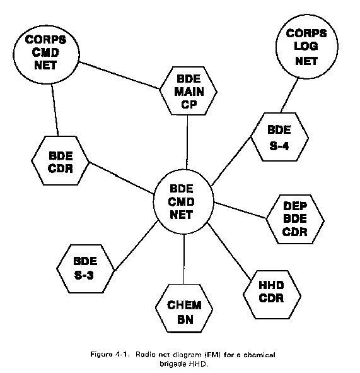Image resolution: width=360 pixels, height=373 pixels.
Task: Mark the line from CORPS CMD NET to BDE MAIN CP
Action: pos(119,75)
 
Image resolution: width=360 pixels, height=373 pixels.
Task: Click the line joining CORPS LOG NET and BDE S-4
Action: pos(289,95)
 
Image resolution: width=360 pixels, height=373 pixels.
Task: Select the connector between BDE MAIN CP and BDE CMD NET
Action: pos(187,143)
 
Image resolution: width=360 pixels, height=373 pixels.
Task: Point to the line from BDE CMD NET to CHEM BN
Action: pos(184,259)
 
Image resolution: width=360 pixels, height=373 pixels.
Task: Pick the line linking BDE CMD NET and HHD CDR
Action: pos(229,251)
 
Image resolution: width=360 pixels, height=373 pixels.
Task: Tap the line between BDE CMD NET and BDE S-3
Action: pos(136,246)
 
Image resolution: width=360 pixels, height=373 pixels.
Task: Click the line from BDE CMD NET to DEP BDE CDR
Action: pos(240,210)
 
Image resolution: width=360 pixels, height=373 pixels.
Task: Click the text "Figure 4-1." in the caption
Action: pos(110,355)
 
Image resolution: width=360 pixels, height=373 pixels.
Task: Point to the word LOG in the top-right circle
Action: pos(306,46)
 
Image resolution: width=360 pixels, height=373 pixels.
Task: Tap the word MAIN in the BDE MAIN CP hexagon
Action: pos(189,92)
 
